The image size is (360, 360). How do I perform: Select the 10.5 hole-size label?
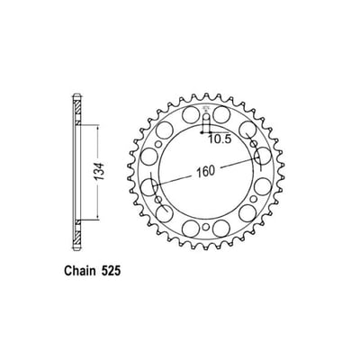coord(221,139)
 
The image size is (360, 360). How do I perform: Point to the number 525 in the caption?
coord(119,271)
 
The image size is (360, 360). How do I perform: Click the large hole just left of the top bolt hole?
coord(190,116)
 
